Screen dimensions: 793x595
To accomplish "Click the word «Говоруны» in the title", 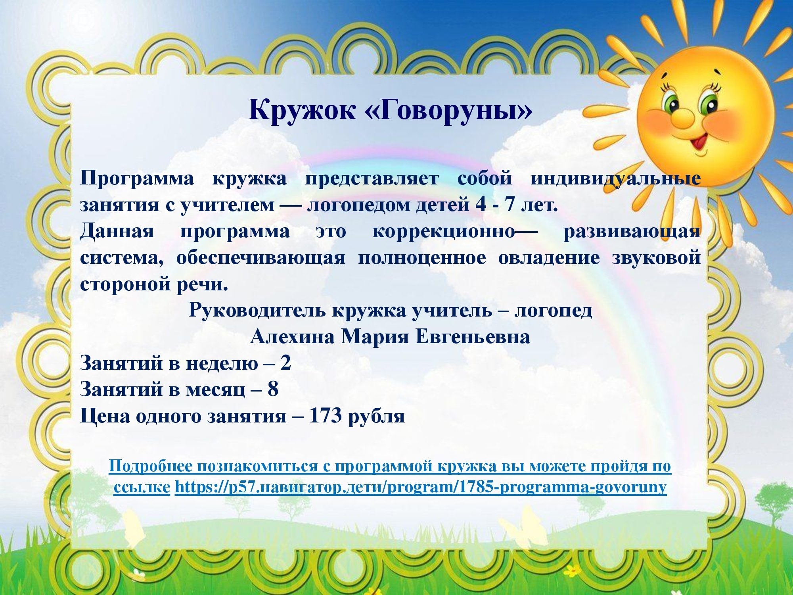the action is (x=448, y=109).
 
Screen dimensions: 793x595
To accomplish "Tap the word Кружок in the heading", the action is (x=302, y=109).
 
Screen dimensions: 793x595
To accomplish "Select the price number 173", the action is (x=325, y=415).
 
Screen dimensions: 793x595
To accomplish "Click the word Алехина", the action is (x=293, y=337).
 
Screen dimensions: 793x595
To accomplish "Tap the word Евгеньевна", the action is (x=473, y=337).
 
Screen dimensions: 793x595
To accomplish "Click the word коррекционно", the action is (x=443, y=231).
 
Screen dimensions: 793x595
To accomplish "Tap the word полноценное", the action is (x=422, y=258).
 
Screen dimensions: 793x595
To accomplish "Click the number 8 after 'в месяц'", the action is (x=273, y=389).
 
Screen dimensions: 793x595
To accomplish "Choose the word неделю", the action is (x=222, y=363).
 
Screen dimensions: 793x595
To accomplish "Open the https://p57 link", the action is (x=420, y=487).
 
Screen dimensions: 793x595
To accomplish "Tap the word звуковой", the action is (x=656, y=258).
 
